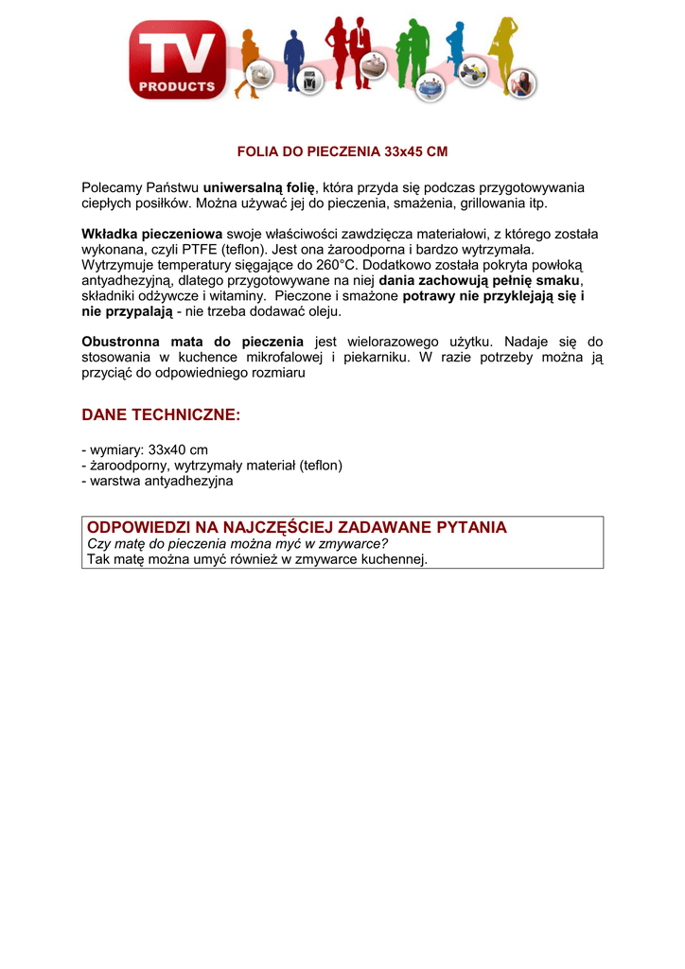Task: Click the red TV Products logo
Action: point(178,59)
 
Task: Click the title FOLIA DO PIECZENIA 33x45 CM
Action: point(342,151)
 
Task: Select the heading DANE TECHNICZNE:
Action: point(162,415)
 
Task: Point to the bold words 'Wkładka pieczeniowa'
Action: point(152,234)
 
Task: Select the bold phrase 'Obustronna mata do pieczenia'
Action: point(193,342)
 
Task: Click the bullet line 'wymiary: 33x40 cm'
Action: point(148,449)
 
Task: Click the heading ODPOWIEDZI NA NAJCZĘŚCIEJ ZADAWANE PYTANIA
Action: point(297,527)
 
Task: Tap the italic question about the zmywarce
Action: point(237,544)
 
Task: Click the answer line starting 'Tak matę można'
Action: point(257,559)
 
